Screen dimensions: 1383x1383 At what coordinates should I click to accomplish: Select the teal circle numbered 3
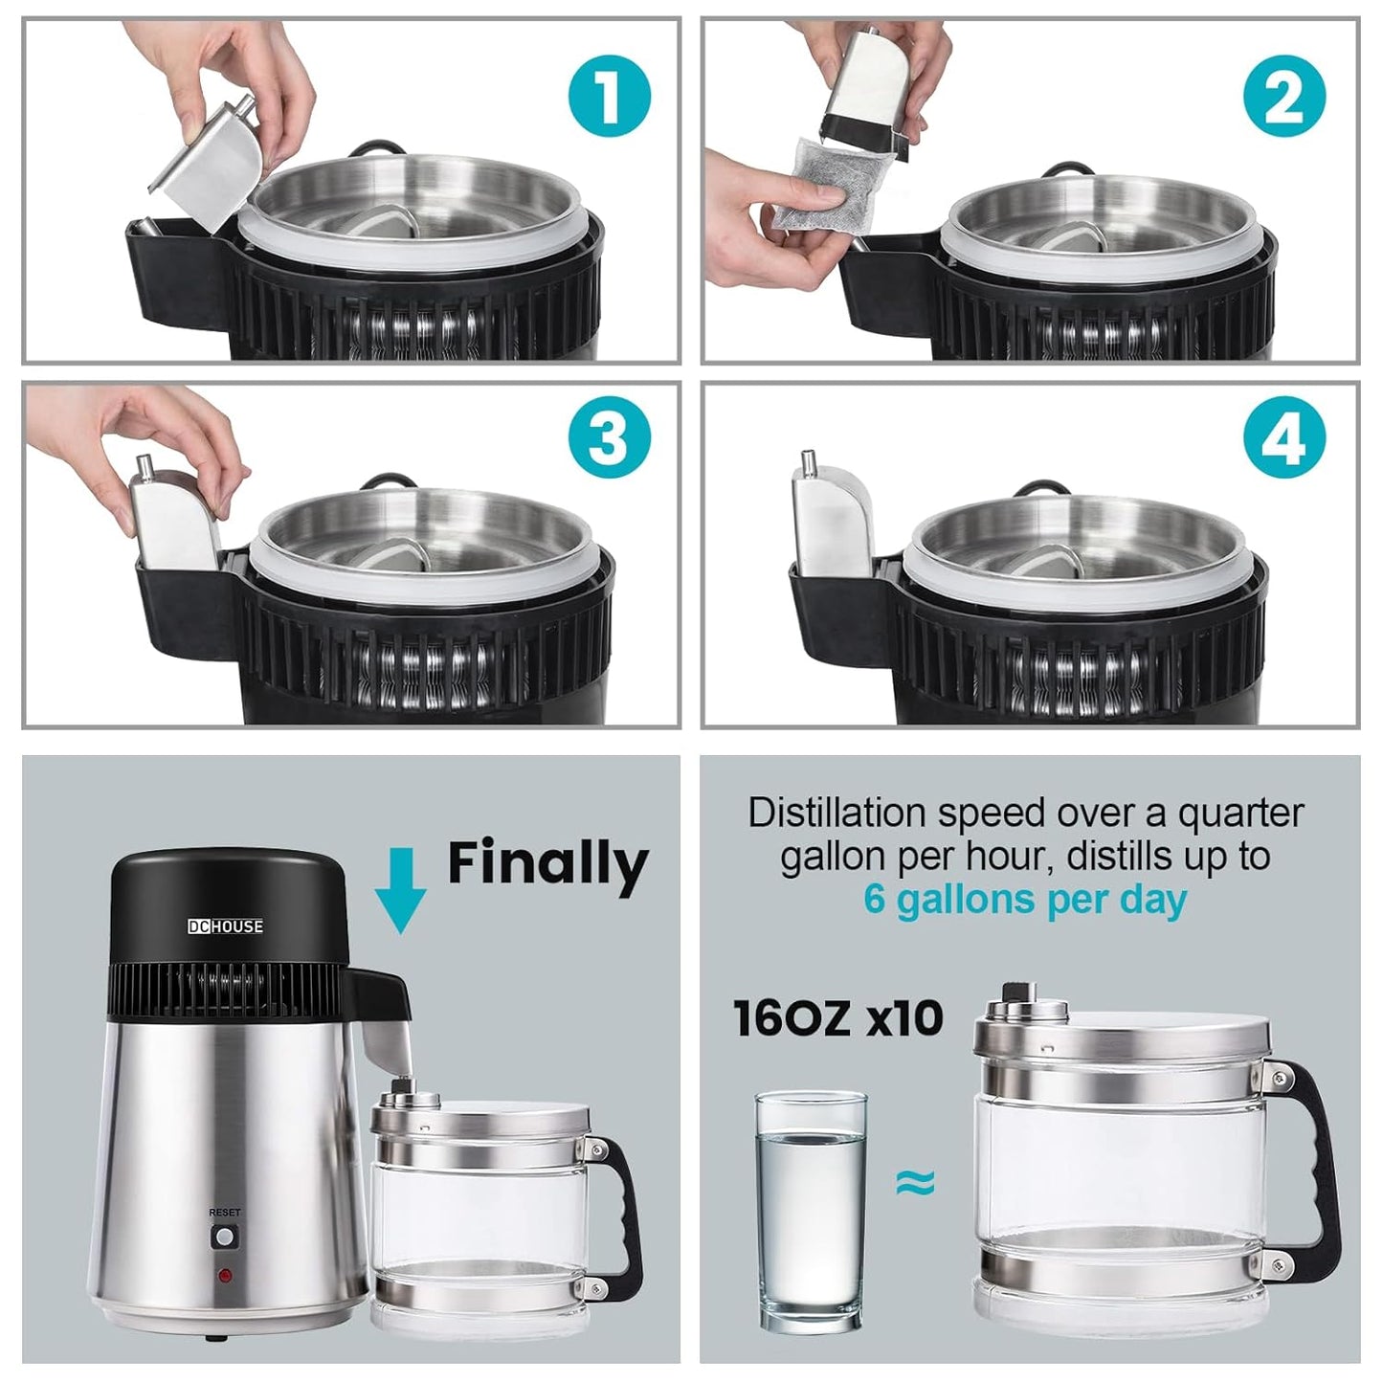(610, 437)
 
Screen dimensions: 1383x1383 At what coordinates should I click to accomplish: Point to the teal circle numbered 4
(1284, 437)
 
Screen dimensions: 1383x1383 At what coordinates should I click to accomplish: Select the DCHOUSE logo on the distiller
(225, 926)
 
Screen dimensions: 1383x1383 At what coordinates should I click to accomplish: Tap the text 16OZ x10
(836, 1018)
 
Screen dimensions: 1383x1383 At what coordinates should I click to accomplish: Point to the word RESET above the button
(225, 1213)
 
